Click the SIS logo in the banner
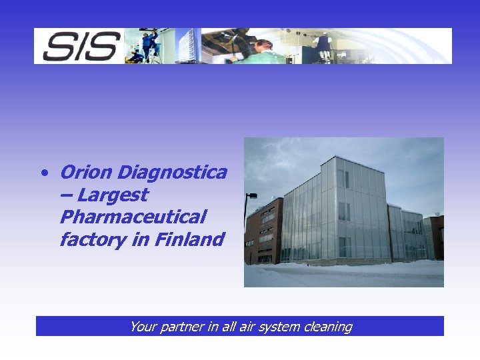pyautogui.click(x=80, y=46)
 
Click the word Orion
pyautogui.click(x=86, y=173)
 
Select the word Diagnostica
pyautogui.click(x=172, y=173)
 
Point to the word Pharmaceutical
pyautogui.click(x=133, y=217)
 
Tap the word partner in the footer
pyautogui.click(x=179, y=327)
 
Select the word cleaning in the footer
pyautogui.click(x=327, y=327)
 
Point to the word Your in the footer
pyautogui.click(x=142, y=327)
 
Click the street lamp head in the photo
pyautogui.click(x=251, y=195)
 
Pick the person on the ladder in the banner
pyautogui.click(x=149, y=44)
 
